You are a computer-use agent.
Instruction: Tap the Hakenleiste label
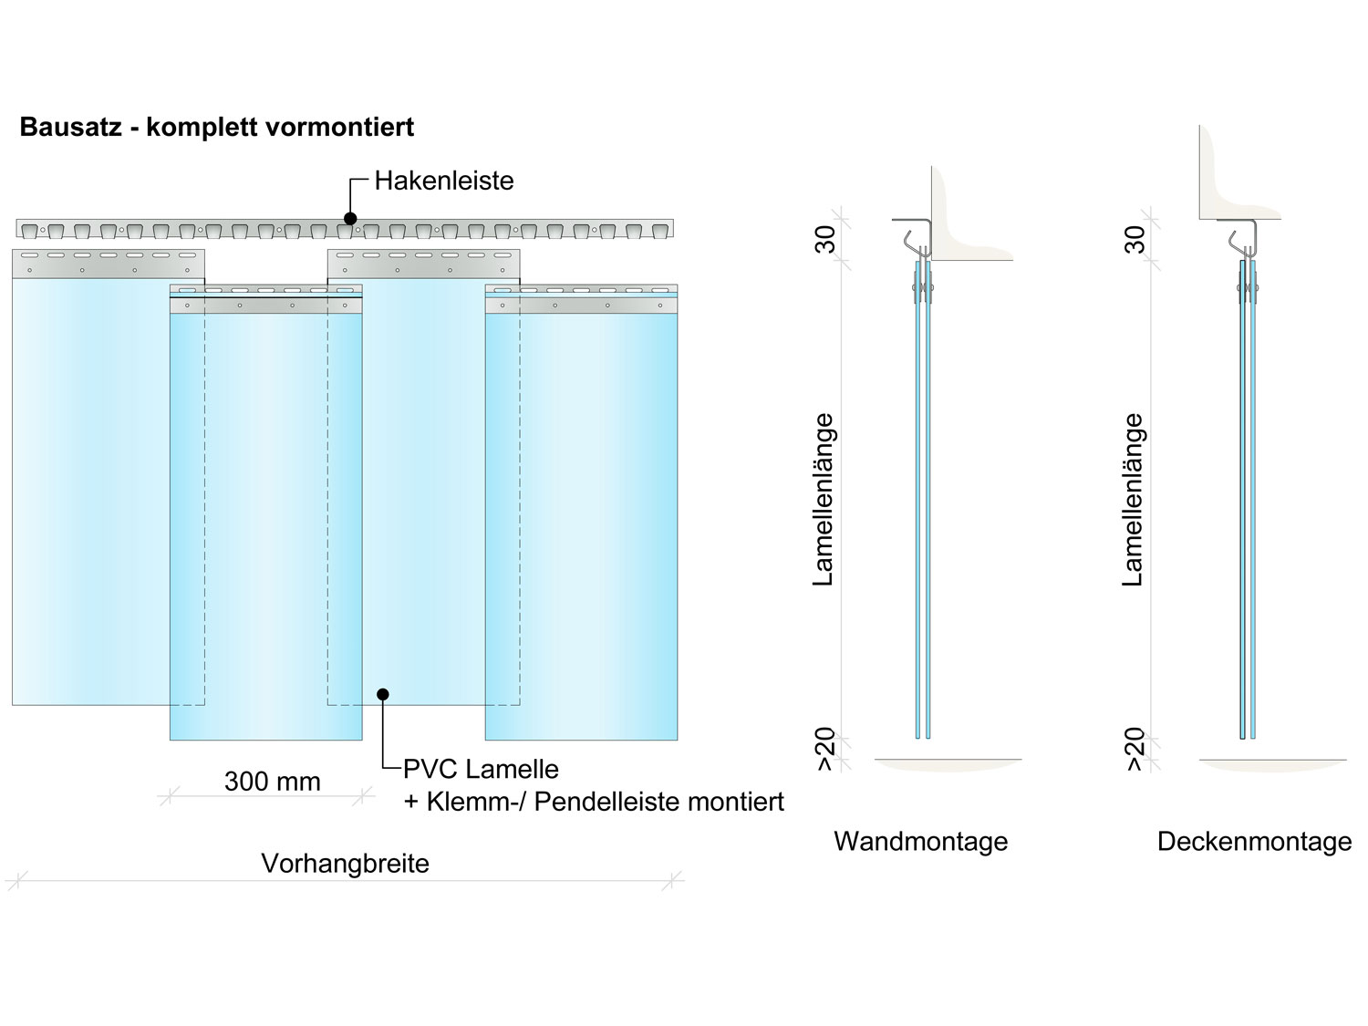[x=444, y=181]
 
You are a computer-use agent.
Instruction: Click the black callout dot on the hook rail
[x=350, y=219]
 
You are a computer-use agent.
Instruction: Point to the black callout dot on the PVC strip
[x=383, y=695]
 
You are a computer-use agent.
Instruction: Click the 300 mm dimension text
[x=273, y=782]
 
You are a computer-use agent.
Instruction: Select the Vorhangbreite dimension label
[x=345, y=864]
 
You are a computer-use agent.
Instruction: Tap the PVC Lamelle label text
[x=481, y=769]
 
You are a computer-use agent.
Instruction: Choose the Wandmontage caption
[x=920, y=841]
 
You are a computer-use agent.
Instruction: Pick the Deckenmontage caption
[x=1254, y=841]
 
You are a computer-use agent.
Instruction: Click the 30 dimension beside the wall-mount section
[x=826, y=240]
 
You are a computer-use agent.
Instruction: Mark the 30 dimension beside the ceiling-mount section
[x=1135, y=240]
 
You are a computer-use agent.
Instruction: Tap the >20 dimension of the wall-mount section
[x=826, y=750]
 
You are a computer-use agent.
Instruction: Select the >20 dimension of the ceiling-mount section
[x=1135, y=750]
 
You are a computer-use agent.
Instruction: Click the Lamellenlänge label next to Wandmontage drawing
[x=824, y=499]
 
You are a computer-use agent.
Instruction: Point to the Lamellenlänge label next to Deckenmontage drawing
[x=1134, y=499]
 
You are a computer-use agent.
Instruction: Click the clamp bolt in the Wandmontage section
[x=923, y=290]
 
